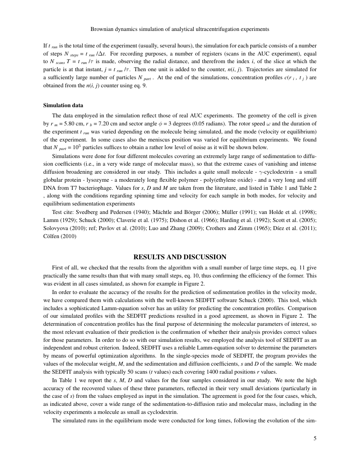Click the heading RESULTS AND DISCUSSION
coord(180,257)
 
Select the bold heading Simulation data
coord(63,105)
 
